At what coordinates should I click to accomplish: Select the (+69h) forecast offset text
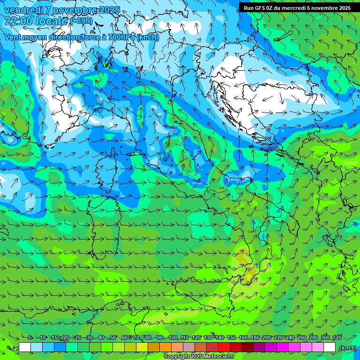(x=82, y=21)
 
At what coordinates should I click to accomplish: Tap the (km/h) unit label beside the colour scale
(x=347, y=348)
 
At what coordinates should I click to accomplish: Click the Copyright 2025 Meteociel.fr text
(x=199, y=357)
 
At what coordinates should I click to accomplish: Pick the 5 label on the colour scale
(x=30, y=337)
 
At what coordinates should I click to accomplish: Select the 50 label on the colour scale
(x=112, y=337)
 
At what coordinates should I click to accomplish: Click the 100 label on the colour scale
(x=172, y=337)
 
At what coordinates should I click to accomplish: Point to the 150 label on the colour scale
(x=231, y=337)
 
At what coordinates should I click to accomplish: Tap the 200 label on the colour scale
(x=266, y=337)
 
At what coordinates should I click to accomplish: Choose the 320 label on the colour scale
(x=337, y=337)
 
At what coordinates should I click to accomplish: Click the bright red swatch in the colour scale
(x=224, y=347)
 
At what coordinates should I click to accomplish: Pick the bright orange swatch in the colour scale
(x=165, y=347)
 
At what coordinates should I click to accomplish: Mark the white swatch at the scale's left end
(x=25, y=347)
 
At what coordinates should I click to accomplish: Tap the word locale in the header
(x=52, y=21)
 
